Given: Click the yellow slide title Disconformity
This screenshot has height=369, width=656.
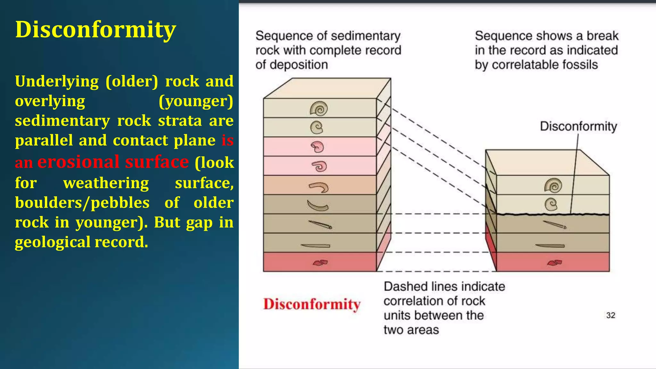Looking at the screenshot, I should (95, 29).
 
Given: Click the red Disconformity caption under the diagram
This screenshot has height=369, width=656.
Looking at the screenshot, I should (312, 304).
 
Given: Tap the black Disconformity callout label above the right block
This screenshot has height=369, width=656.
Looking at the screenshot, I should (578, 126).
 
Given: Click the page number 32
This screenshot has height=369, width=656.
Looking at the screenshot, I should (611, 316).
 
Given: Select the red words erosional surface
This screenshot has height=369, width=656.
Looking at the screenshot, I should (113, 162).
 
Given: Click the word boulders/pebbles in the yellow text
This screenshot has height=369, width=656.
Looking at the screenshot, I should (82, 203).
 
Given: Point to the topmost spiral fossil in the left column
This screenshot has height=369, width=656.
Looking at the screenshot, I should (319, 109).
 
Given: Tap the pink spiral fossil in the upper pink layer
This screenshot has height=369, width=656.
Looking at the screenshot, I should (317, 147).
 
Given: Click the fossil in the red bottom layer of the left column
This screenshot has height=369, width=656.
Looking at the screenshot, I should (320, 263).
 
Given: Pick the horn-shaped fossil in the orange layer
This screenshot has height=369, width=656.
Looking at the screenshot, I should (319, 187).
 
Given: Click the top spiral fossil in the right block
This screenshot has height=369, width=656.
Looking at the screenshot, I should (553, 185).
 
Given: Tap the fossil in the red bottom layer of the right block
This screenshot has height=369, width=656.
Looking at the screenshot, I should (554, 263).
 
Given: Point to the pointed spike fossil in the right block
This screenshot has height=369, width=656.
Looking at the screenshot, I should (555, 225).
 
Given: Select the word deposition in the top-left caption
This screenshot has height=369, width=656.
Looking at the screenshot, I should (299, 65).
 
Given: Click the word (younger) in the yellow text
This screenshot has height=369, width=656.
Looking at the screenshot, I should (196, 101).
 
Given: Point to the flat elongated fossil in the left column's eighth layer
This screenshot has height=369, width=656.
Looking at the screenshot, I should (316, 246).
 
